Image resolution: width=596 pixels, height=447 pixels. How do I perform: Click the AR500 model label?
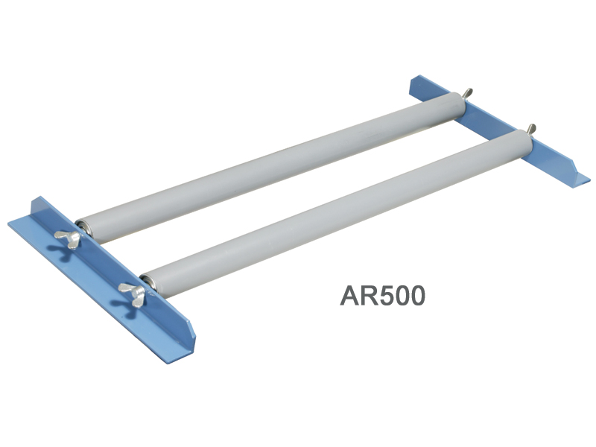click(382, 296)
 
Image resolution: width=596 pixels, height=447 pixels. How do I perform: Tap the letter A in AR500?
click(349, 296)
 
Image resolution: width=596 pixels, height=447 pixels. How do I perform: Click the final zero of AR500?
click(418, 296)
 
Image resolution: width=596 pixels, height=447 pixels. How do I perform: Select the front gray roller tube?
click(337, 213)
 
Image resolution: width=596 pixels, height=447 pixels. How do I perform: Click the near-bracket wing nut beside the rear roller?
click(68, 238)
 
